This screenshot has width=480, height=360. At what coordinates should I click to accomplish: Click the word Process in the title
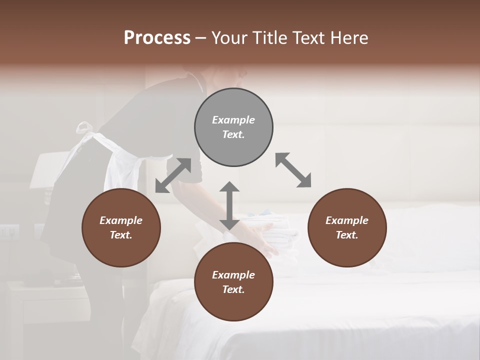pyautogui.click(x=157, y=38)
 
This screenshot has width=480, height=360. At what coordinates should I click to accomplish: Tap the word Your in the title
pyautogui.click(x=230, y=38)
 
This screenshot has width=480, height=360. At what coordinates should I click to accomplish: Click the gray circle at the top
pyautogui.click(x=233, y=127)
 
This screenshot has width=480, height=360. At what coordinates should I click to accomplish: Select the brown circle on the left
pyautogui.click(x=121, y=228)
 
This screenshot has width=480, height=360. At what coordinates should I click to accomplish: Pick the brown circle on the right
pyautogui.click(x=347, y=228)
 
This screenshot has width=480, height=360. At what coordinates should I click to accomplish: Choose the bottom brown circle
pyautogui.click(x=233, y=282)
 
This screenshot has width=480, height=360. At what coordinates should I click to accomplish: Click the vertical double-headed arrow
pyautogui.click(x=229, y=206)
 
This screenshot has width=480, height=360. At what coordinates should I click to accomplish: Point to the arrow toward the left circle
pyautogui.click(x=173, y=175)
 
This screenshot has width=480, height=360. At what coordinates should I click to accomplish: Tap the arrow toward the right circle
pyautogui.click(x=293, y=170)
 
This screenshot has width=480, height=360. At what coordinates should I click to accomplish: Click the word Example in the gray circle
pyautogui.click(x=233, y=120)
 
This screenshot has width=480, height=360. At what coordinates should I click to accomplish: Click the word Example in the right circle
pyautogui.click(x=347, y=220)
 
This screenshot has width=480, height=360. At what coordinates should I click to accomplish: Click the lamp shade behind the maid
pyautogui.click(x=50, y=170)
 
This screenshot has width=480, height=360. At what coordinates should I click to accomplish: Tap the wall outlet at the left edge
pyautogui.click(x=9, y=231)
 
